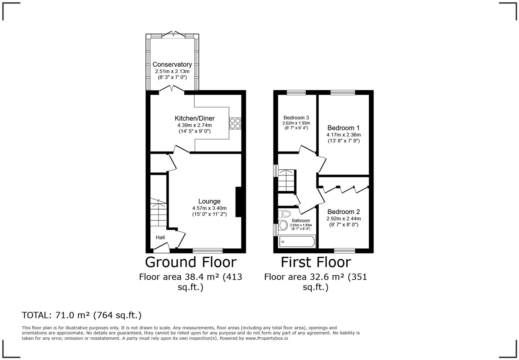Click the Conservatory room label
click(172, 64)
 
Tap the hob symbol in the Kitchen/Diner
click(235, 123)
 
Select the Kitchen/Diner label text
click(194, 119)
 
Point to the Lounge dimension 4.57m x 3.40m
click(209, 208)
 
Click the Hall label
click(160, 237)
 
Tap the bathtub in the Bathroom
click(297, 241)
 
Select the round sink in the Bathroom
click(284, 225)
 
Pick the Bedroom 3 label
click(296, 118)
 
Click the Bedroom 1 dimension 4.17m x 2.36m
click(343, 135)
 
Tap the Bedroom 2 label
click(344, 212)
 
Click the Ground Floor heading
click(191, 262)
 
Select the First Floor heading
click(315, 262)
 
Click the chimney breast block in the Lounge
click(238, 202)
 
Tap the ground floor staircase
click(158, 213)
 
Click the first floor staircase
click(287, 181)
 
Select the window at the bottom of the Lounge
click(207, 250)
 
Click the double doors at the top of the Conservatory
click(173, 34)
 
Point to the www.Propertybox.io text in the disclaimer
click(267, 338)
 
